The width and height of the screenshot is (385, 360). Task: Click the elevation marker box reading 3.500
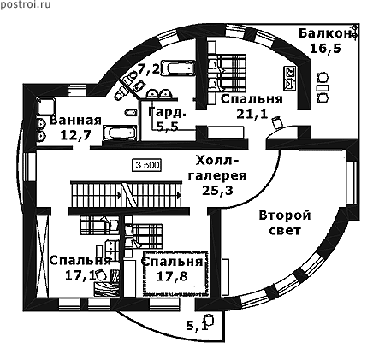(x=147, y=165)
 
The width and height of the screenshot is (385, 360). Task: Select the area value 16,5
(x=325, y=49)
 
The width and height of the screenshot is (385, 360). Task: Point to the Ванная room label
(x=75, y=121)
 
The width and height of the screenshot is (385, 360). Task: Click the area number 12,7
(x=75, y=135)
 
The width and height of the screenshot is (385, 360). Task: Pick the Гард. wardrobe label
(x=167, y=112)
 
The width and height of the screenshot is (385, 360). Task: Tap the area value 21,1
(x=252, y=114)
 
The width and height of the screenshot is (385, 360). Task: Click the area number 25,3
(x=217, y=190)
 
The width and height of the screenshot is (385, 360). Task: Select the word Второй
(x=285, y=215)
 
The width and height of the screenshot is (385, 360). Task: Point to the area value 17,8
(x=172, y=276)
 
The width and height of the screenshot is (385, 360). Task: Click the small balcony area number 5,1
(x=197, y=326)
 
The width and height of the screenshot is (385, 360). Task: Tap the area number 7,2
(x=149, y=68)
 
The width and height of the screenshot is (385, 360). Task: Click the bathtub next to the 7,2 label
(x=178, y=68)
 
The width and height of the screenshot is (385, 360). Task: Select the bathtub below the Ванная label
(x=120, y=133)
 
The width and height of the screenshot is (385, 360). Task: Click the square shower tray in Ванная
(x=45, y=106)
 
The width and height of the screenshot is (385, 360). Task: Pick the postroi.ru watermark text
(x=26, y=4)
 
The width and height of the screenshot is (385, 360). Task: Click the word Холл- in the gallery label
(x=216, y=161)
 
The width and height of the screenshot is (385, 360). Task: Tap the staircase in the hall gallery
(x=126, y=195)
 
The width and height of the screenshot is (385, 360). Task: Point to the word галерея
(x=216, y=176)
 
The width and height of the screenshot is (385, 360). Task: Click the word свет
(x=285, y=230)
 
